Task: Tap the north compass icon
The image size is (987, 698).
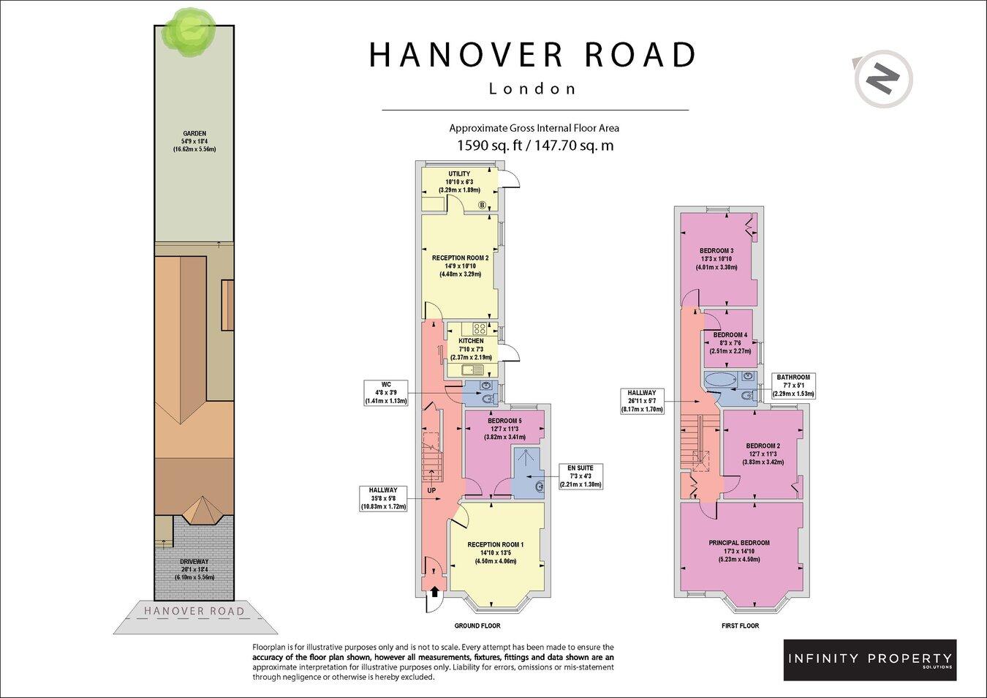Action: coord(882,78)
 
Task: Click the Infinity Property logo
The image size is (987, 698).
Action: coord(869,659)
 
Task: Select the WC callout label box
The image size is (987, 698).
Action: coord(386,392)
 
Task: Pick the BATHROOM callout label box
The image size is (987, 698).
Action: coord(793,386)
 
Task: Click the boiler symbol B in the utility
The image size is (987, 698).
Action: coord(482,205)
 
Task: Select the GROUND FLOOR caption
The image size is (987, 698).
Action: coord(477,626)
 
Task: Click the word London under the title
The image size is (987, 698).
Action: coord(532,89)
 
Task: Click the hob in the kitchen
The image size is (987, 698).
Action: coord(480,329)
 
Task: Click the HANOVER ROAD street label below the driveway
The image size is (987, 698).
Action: coord(194,611)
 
